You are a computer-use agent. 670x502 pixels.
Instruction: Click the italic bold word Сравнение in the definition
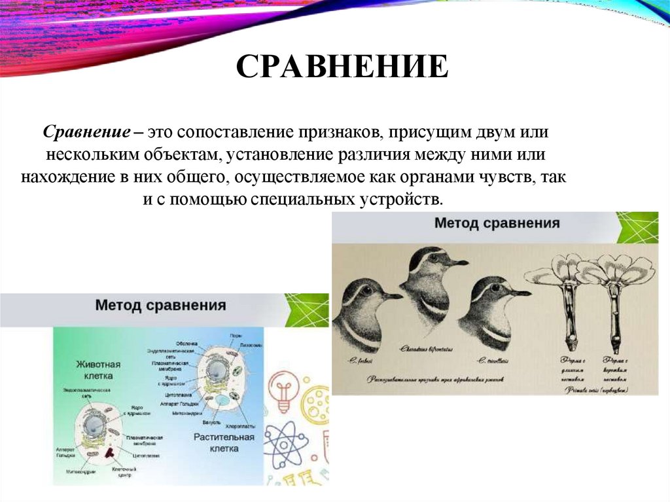coord(86,132)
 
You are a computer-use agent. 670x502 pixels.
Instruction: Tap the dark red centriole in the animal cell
coord(109,452)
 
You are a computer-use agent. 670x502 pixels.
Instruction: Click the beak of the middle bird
coord(457,262)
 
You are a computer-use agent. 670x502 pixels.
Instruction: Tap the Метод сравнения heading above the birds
coord(497,223)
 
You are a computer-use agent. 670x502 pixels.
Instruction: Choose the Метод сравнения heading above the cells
coord(161,305)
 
